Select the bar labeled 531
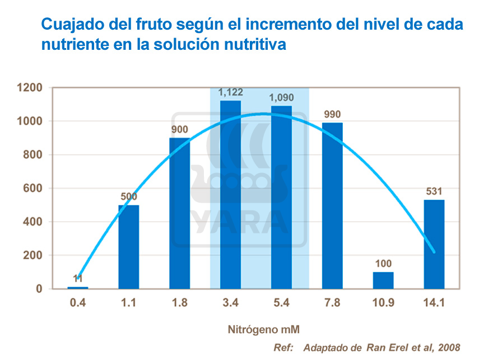click(x=434, y=244)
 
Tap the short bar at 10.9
click(x=383, y=280)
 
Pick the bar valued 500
click(x=129, y=247)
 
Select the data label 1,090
click(x=281, y=98)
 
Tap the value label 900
click(x=179, y=129)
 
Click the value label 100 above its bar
click(x=383, y=264)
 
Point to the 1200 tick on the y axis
click(x=30, y=88)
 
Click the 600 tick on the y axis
click(x=33, y=189)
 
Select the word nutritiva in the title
click(x=254, y=45)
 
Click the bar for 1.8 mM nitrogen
click(x=179, y=213)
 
